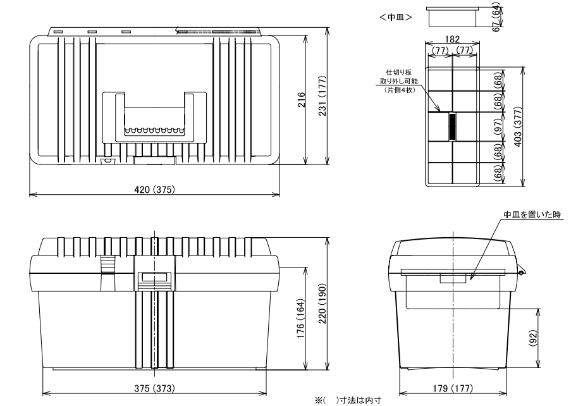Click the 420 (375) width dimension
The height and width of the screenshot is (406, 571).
pyautogui.click(x=155, y=189)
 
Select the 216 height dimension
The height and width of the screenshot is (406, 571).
pyautogui.click(x=302, y=100)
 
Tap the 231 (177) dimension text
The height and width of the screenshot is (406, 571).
pyautogui.click(x=322, y=95)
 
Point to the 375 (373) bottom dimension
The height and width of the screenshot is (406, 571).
pyautogui.click(x=154, y=388)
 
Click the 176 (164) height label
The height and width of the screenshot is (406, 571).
pyautogui.click(x=301, y=319)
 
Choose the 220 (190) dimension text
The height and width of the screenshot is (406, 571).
pyautogui.click(x=322, y=304)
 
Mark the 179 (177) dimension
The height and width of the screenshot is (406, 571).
pyautogui.click(x=453, y=388)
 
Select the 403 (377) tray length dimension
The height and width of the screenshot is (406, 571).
pyautogui.click(x=518, y=126)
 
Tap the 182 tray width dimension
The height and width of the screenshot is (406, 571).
pyautogui.click(x=452, y=39)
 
